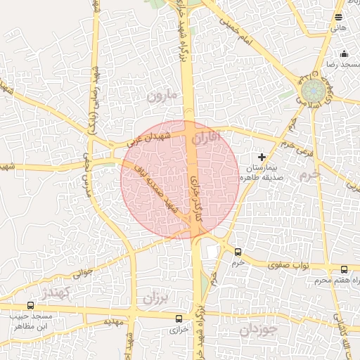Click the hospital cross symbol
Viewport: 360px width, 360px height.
(262, 157)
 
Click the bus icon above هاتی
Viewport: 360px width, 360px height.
(339, 17)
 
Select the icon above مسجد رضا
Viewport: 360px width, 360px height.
(345, 53)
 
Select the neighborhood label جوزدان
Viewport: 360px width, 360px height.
(258, 329)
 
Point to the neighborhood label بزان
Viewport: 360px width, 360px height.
(156, 297)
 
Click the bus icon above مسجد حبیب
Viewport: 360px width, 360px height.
(30, 306)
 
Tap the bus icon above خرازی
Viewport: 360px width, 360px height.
(178, 319)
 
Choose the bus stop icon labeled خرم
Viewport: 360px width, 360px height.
(238, 252)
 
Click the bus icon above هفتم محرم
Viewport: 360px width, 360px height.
(344, 269)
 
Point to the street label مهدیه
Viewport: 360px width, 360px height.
(113, 321)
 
